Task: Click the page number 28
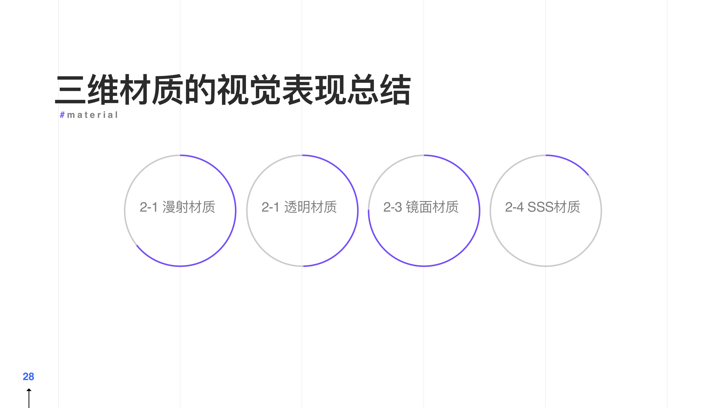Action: tap(28, 376)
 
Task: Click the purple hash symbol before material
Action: tap(62, 115)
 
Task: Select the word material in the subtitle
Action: tap(92, 115)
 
